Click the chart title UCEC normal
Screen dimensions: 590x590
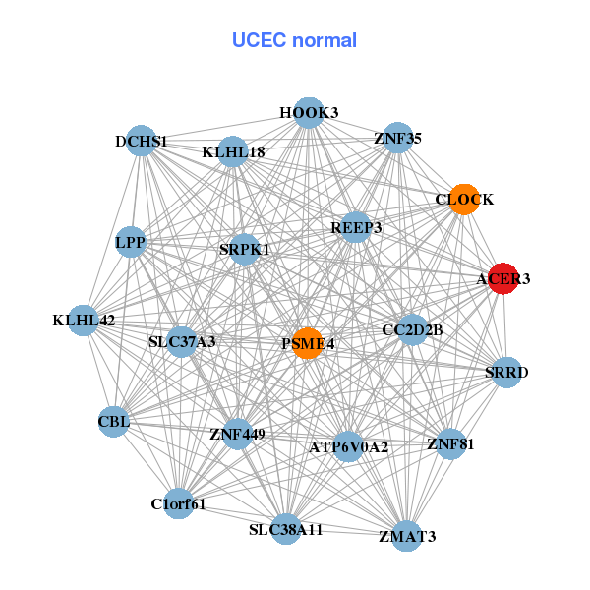294,40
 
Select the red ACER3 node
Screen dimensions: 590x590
502,278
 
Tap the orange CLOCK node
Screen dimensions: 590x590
463,200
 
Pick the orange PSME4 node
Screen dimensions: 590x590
308,343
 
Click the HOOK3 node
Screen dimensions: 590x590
309,113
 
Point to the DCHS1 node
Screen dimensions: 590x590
142,141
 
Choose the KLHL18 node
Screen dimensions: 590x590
233,151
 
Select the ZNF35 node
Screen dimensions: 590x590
397,139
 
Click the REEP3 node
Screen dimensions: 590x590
355,227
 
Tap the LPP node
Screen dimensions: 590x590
131,241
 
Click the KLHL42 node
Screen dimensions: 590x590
85,320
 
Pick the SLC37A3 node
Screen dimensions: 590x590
182,342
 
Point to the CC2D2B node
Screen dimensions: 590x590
412,329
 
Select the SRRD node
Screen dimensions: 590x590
506,372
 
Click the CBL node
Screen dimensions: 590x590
113,423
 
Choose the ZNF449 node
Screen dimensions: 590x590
237,433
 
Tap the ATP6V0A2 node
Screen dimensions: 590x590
348,446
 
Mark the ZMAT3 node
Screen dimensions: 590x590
407,536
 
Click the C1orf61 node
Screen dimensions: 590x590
178,504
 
